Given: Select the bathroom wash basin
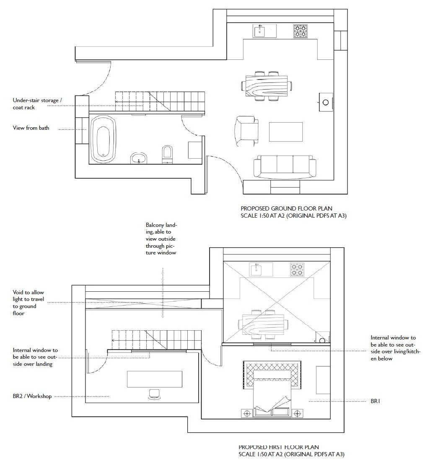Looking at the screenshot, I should point(139,158).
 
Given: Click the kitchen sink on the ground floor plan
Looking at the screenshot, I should point(264,31).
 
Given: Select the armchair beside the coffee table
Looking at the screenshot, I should point(246,131).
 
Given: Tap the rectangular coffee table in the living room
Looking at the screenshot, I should point(286,132).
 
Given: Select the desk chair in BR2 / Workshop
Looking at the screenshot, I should point(155,393).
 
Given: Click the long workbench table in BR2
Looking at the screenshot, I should point(155,379).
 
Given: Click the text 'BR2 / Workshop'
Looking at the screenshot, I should point(32,396).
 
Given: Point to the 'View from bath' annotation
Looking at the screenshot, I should point(31,128).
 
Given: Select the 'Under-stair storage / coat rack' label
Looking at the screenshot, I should point(37,104).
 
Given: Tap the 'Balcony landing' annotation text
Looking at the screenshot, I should point(161,239).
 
